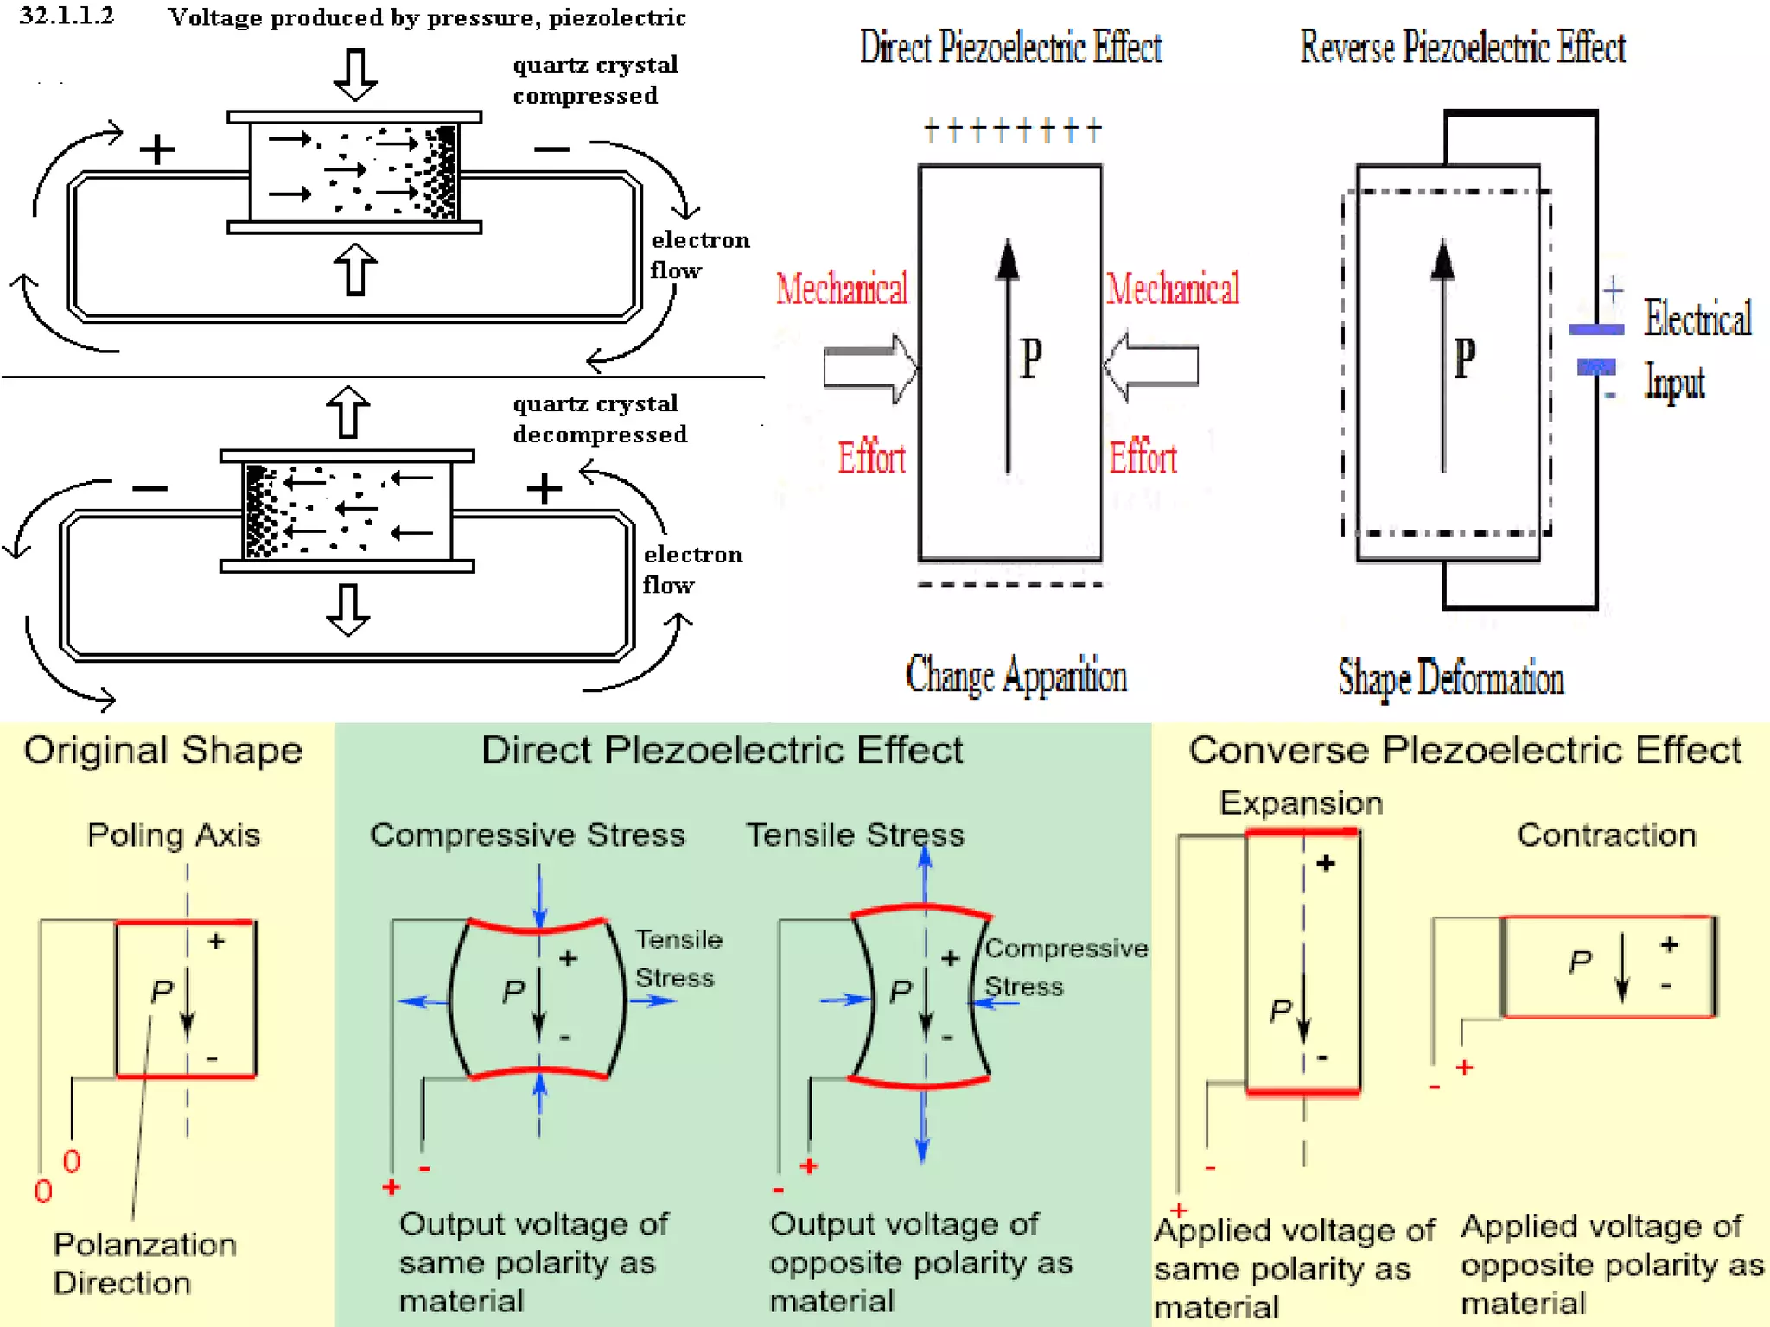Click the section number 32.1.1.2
point(67,16)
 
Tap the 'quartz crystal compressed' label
point(595,79)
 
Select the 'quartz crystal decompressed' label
point(599,418)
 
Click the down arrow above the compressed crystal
point(355,74)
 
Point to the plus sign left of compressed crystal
point(157,149)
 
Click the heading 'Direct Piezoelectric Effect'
point(1009,48)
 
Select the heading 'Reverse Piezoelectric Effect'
point(1462,48)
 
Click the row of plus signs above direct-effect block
point(1012,131)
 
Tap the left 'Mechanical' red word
point(841,289)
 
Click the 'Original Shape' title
point(163,750)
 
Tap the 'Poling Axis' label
point(174,835)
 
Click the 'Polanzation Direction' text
point(144,1263)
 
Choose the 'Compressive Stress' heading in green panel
point(527,835)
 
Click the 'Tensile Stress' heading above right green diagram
point(855,835)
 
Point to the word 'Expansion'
point(1301,803)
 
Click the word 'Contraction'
point(1606,835)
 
